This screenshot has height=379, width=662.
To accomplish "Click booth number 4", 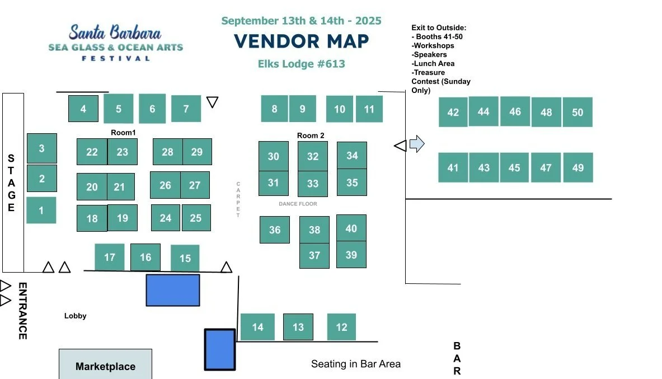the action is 83,109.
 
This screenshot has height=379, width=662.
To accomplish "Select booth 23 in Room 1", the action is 123,152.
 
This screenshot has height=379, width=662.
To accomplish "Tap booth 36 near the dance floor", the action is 275,230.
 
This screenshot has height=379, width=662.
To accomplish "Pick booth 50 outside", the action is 578,112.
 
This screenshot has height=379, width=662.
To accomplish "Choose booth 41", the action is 453,167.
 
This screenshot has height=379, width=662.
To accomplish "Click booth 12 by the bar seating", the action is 341,327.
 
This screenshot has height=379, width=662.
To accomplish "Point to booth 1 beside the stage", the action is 41,210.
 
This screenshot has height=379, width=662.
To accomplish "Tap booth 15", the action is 185,258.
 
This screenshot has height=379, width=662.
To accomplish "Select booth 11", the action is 369,109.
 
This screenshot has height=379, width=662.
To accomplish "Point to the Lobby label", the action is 76,316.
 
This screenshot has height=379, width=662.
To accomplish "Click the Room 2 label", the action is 311,135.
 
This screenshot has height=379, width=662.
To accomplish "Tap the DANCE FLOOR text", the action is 298,204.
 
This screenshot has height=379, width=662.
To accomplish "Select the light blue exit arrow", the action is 417,144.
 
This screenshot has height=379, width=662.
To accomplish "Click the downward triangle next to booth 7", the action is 212,102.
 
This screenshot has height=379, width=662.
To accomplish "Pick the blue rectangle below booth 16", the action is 173,290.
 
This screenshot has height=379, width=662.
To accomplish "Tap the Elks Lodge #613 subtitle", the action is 301,64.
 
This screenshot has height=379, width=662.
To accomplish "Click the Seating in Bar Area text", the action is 356,364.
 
